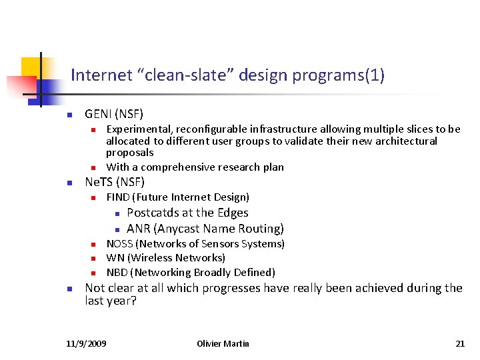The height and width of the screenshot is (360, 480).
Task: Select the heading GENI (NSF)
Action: [114, 114]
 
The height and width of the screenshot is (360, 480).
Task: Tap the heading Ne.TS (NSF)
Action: [115, 182]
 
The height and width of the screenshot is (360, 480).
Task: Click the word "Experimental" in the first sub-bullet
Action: [138, 129]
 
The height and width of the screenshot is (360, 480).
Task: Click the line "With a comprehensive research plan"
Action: [195, 167]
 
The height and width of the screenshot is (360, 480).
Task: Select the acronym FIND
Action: [118, 197]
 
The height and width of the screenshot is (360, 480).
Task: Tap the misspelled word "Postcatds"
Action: [153, 213]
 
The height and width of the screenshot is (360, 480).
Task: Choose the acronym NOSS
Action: [120, 244]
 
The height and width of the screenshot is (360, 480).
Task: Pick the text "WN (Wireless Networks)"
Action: [165, 258]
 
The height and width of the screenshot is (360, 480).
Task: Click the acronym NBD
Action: [117, 272]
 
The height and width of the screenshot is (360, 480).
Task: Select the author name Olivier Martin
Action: [223, 343]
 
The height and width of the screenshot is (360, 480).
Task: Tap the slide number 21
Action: [460, 343]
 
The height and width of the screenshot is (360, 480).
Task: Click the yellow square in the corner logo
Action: [31, 67]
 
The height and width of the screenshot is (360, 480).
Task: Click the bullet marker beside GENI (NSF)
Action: [69, 115]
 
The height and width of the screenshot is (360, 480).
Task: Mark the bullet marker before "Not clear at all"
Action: [69, 289]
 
